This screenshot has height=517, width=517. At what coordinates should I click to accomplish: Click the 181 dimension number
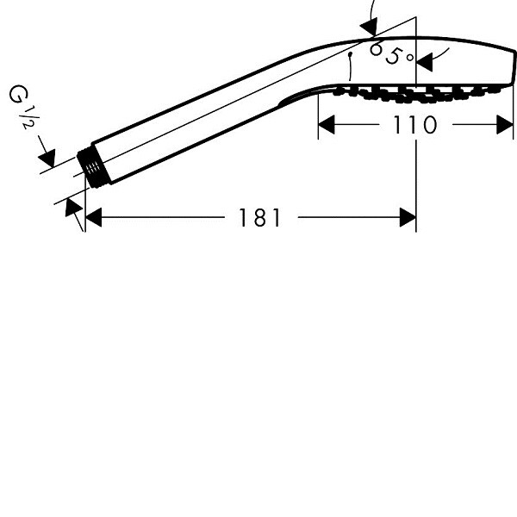(259, 218)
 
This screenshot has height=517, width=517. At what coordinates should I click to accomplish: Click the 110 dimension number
(415, 125)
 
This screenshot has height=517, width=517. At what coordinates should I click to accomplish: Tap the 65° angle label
(391, 53)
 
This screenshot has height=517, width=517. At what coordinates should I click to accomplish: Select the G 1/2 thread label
(24, 106)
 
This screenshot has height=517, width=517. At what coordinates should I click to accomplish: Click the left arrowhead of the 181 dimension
(93, 218)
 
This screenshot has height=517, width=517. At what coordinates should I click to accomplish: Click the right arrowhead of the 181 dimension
(408, 218)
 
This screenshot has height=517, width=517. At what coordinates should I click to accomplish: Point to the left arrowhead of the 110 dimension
(327, 125)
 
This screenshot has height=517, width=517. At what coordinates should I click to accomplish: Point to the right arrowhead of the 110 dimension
(505, 125)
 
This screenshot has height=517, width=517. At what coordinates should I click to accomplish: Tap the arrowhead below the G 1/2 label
(47, 159)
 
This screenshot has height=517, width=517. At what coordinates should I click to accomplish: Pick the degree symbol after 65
(410, 58)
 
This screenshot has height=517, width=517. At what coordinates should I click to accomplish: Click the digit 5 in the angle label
(393, 55)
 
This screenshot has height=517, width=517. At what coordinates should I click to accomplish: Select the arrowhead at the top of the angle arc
(369, 27)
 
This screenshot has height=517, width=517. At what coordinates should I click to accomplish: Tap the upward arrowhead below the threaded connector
(73, 207)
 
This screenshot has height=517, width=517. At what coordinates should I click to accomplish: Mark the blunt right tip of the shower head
(513, 66)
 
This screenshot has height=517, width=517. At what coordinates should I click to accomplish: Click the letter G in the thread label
(18, 94)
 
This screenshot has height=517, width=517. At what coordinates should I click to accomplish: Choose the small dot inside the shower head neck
(351, 53)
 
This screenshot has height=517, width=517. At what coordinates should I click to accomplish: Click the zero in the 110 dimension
(430, 125)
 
